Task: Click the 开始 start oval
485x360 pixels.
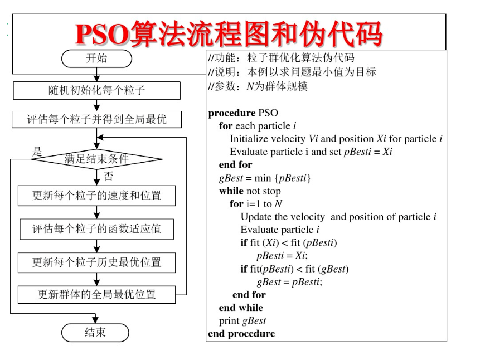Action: click(96, 58)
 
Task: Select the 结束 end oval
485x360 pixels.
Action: click(95, 333)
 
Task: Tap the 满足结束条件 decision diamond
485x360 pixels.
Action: click(96, 159)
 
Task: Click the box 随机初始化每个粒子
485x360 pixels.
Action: click(96, 90)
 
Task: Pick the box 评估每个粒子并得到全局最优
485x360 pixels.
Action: click(96, 119)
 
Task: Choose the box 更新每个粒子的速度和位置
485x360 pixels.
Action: click(96, 196)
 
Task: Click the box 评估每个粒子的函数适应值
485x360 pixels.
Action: click(96, 229)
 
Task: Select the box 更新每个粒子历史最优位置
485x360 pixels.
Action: click(96, 262)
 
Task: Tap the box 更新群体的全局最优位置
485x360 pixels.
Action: click(96, 294)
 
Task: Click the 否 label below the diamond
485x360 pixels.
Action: click(109, 177)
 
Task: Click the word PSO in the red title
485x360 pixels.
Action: click(101, 35)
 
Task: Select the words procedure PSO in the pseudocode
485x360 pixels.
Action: click(243, 113)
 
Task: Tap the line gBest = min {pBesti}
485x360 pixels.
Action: click(265, 178)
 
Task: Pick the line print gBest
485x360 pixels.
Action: click(243, 321)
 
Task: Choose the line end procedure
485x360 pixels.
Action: click(241, 334)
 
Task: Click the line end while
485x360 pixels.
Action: click(241, 308)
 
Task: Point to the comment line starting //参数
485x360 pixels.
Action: click(257, 86)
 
